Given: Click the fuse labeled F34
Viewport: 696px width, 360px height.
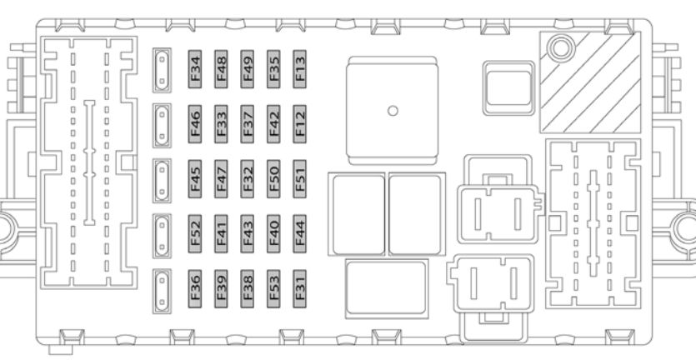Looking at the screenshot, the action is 195,69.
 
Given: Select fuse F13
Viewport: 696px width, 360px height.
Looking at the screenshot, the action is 299,69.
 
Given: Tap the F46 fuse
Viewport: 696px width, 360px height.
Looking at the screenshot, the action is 195,124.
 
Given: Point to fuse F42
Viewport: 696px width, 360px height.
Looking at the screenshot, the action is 273,124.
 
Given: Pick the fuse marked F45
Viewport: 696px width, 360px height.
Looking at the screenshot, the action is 195,179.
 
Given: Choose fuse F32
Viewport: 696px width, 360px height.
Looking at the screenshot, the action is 248,179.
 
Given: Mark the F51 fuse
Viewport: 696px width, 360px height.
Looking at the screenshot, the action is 299,179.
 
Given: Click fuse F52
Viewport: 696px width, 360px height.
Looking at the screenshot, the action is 195,234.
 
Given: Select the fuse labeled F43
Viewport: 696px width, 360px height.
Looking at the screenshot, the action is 248,234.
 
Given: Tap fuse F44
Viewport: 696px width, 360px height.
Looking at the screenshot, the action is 299,234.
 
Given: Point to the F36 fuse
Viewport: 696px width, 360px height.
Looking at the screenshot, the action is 195,289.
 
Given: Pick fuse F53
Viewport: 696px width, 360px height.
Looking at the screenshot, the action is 273,289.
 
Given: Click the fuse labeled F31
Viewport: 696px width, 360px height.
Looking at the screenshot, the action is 299,289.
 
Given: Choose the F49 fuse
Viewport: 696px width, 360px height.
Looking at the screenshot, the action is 248,69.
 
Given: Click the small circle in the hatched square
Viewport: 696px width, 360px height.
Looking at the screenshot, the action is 561,48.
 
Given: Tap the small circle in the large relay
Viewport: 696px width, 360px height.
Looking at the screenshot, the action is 393,111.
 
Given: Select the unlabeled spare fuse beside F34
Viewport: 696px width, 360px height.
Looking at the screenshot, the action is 162,70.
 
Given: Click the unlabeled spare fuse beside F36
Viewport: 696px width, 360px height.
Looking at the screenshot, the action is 162,291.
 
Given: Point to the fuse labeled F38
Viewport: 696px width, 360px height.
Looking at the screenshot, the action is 248,289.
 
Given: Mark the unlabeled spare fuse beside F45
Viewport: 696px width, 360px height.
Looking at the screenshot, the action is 162,181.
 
